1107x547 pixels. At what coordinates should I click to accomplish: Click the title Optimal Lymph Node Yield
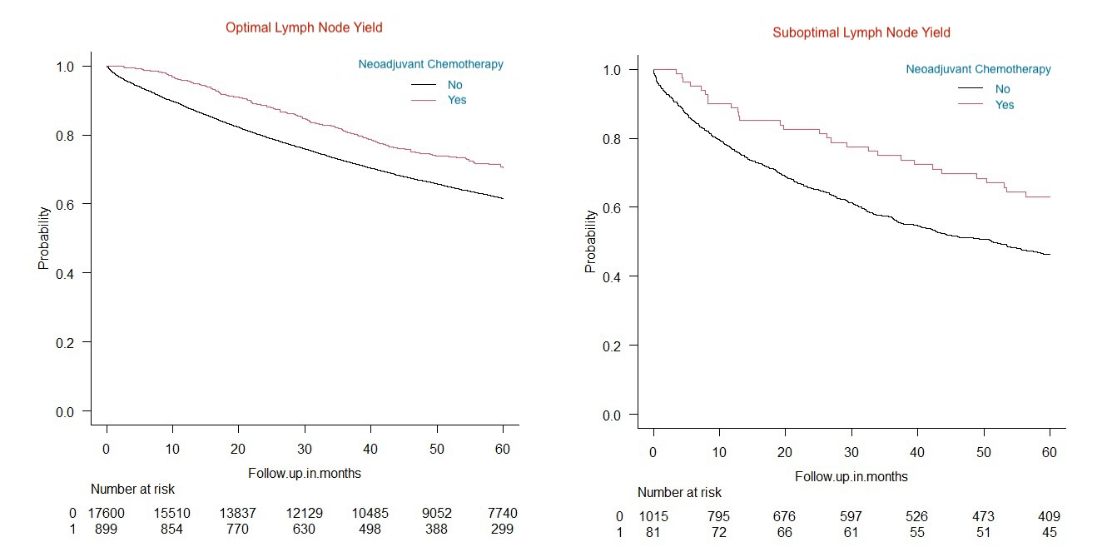coord(304,27)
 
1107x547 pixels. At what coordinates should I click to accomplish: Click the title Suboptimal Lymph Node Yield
coord(861,32)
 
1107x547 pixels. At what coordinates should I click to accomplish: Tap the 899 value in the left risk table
coord(107,529)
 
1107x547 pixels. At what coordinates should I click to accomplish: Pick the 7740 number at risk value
coord(502,513)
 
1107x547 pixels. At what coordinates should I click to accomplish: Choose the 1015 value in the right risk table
coord(654,517)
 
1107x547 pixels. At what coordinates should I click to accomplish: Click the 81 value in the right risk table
coord(654,533)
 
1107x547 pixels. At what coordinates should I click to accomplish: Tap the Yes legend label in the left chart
coord(457,100)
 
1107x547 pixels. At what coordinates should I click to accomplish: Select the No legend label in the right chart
coord(1004,89)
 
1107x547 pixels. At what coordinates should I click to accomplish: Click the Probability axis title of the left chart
coord(43,237)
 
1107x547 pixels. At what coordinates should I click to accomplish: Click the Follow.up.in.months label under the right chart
coord(851,477)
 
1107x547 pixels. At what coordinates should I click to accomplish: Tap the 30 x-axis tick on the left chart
coord(305,450)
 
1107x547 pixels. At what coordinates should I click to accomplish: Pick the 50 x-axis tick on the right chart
coord(983,453)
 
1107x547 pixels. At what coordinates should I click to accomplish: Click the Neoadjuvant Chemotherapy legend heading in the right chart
coord(978,69)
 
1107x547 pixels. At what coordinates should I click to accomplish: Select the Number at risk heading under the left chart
coord(133,490)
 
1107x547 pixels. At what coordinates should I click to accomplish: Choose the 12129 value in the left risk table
coord(305,513)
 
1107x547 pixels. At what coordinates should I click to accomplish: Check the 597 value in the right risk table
coord(851,517)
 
